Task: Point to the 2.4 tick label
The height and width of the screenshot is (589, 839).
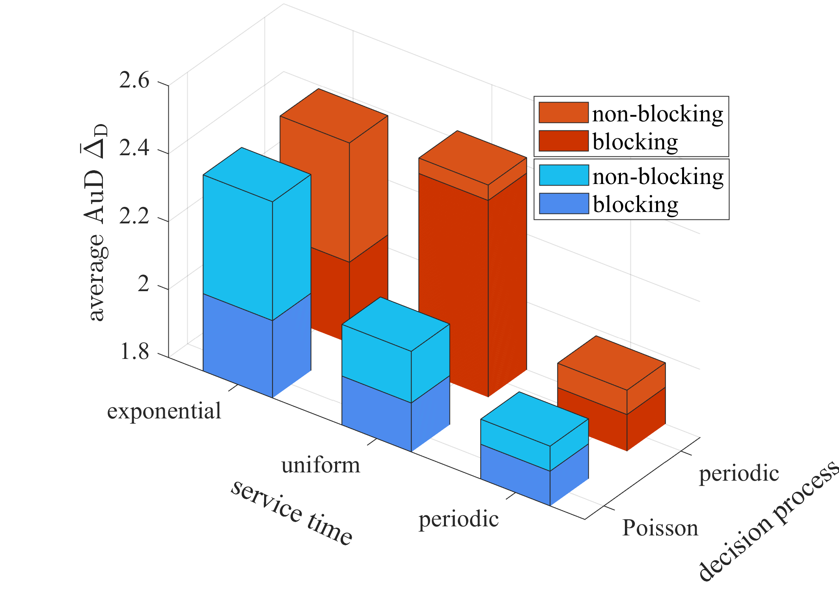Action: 134,149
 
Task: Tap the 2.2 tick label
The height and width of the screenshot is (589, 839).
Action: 134,216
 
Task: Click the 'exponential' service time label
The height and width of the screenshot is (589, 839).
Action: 164,411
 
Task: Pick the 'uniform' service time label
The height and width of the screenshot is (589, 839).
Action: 321,465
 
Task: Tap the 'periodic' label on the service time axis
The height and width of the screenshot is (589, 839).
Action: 459,519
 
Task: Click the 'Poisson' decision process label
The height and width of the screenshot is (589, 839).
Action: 660,528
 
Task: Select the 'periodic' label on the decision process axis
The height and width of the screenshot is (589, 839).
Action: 739,473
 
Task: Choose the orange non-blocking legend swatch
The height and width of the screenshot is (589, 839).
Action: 563,113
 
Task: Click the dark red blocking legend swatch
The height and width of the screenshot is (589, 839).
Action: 563,141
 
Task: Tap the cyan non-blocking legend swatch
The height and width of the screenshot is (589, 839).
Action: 563,175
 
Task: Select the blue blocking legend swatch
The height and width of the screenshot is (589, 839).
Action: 563,203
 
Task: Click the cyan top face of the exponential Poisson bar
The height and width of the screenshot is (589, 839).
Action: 257,175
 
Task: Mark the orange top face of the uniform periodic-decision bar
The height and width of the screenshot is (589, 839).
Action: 473,158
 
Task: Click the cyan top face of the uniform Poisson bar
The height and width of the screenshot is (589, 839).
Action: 396,324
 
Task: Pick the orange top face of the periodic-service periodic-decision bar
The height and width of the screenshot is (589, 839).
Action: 612,363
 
